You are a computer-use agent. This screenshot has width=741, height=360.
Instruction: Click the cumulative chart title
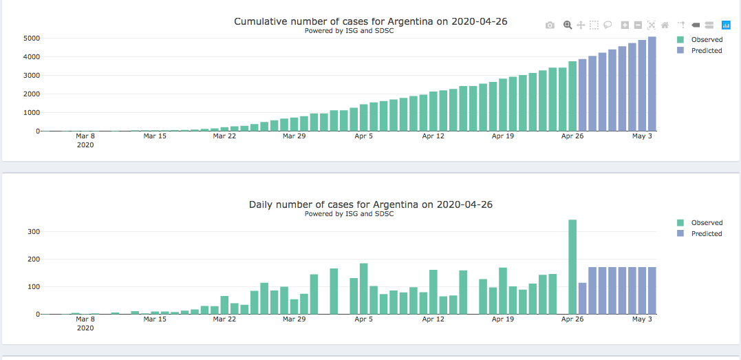click(370, 21)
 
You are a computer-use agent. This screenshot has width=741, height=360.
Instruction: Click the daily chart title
click(370, 204)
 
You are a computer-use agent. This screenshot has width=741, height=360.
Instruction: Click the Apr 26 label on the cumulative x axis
click(572, 136)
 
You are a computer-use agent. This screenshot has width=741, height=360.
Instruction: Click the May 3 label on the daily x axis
click(642, 319)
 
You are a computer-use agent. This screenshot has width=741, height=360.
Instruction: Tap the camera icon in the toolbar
click(550, 25)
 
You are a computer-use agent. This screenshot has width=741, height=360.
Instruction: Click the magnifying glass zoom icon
click(568, 25)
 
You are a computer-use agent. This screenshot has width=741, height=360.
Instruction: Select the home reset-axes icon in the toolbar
click(665, 25)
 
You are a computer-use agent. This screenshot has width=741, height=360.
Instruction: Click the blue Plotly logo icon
click(726, 25)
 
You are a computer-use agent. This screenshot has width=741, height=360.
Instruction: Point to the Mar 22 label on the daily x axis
click(224, 319)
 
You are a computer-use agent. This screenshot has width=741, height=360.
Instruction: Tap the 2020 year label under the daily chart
click(85, 328)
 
